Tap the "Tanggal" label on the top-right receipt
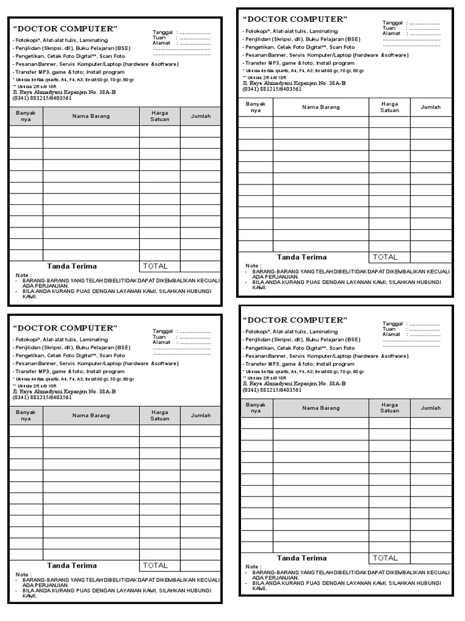(392, 22)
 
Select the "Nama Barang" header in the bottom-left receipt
(91, 415)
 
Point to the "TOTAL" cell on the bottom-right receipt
(385, 558)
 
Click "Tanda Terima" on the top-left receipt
(71, 266)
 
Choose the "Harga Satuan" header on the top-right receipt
(389, 107)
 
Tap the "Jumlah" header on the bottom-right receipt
(430, 408)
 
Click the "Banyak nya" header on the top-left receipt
(26, 115)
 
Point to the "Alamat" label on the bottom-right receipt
(391, 334)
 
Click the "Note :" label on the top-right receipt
(254, 266)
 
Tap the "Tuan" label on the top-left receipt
(159, 38)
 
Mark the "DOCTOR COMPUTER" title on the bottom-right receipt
(295, 320)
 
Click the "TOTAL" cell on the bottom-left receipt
(155, 565)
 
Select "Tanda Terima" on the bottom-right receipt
(302, 558)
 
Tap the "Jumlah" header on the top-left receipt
(200, 115)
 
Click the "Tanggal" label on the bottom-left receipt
(162, 331)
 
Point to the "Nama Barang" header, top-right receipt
(321, 107)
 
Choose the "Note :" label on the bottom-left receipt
(24, 574)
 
